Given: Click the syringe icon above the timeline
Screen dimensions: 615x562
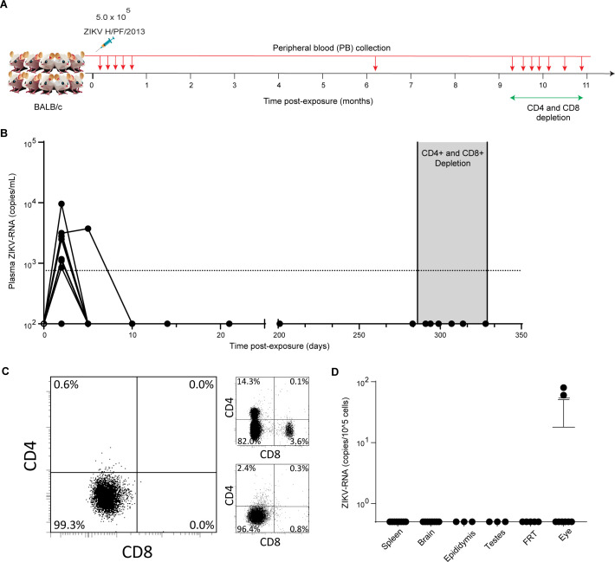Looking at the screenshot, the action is pyautogui.click(x=105, y=44).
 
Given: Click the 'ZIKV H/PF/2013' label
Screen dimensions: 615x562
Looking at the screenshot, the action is pyautogui.click(x=114, y=31).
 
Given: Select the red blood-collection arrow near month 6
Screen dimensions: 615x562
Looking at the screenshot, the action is pyautogui.click(x=375, y=63).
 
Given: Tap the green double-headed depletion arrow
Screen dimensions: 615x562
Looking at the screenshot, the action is pyautogui.click(x=547, y=98).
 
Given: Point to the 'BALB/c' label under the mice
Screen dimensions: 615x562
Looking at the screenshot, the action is pyautogui.click(x=48, y=107).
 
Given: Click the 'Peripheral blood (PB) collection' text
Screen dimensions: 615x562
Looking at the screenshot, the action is pyautogui.click(x=332, y=48).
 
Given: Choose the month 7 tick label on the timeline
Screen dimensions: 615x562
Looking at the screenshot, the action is pyautogui.click(x=411, y=85).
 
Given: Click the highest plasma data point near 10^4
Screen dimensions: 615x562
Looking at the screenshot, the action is pyautogui.click(x=61, y=204).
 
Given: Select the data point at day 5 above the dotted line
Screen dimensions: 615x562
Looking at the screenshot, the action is pyautogui.click(x=88, y=229).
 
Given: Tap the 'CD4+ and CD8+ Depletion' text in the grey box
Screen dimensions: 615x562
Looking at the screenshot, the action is pyautogui.click(x=453, y=158).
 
